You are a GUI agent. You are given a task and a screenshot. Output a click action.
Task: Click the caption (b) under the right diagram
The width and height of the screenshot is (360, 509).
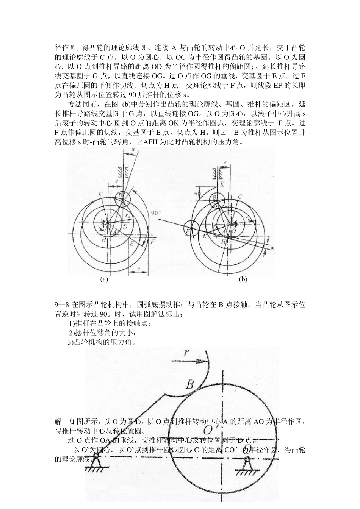[243, 279]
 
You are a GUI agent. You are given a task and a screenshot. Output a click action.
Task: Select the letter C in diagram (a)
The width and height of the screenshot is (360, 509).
[101, 194]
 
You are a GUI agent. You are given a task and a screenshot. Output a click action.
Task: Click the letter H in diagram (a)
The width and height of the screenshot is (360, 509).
[103, 240]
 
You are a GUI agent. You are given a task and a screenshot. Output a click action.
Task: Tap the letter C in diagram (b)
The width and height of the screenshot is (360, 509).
[240, 197]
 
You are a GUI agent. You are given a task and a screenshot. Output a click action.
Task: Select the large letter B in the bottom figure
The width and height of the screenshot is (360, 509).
[189, 385]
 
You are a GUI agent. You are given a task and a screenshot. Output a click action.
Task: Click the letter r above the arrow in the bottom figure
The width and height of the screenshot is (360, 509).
[186, 353]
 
